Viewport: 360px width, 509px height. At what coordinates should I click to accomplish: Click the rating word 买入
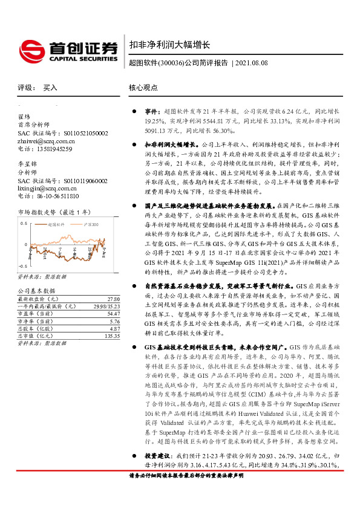pyautogui.click(x=50, y=88)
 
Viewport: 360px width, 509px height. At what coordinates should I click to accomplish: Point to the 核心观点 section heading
pyautogui.click(x=143, y=88)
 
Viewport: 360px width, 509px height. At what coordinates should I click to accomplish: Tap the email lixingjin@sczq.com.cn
pyautogui.click(x=50, y=188)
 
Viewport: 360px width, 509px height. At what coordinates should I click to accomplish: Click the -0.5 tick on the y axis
pyautogui.click(x=22, y=265)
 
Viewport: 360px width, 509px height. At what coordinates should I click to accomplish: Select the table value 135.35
pyautogui.click(x=111, y=335)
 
